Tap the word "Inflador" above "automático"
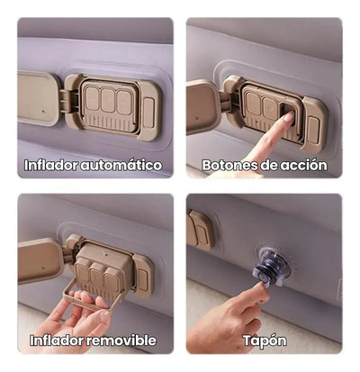coord(56,166)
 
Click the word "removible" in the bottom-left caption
coord(121,340)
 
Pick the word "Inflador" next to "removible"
coord(59,340)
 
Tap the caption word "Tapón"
coord(265,340)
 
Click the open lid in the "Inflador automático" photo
coord(39,96)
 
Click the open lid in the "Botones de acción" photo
coord(202,105)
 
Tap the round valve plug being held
coord(269,269)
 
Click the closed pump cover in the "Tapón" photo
coord(200,230)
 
